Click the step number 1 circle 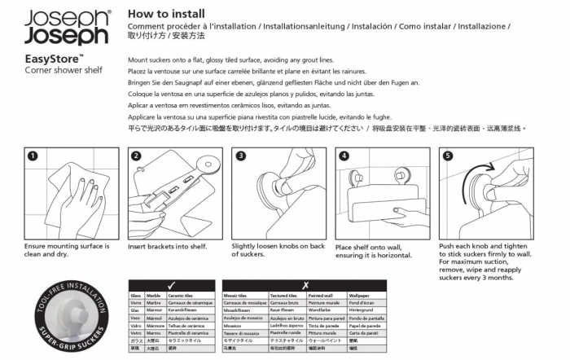pos(33,156)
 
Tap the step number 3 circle pos(241,156)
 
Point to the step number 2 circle pos(137,156)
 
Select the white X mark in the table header pos(305,285)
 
